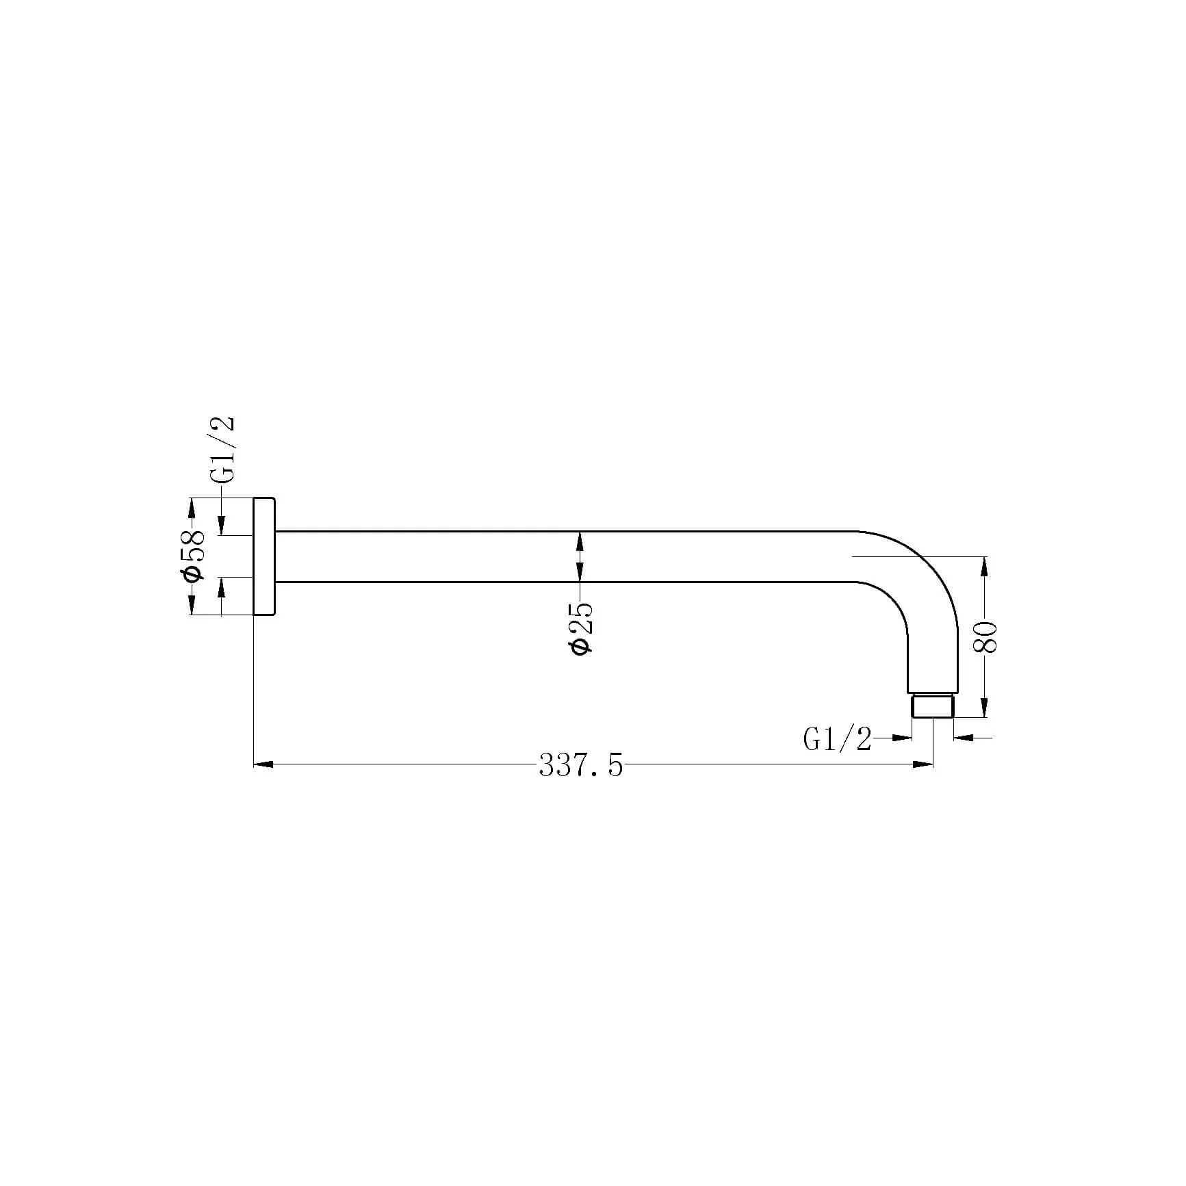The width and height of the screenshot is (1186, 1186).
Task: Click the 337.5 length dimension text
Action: pos(581,765)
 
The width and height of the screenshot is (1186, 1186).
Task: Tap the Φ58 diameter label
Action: pos(194,555)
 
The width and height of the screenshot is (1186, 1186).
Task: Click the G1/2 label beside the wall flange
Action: pos(222,449)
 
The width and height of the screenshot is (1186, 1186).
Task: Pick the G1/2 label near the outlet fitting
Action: pos(838,739)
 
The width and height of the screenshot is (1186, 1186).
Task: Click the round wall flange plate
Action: pos(264,556)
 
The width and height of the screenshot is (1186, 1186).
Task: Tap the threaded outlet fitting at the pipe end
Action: pos(933,706)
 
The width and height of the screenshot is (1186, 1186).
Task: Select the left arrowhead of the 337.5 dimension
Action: pos(263,764)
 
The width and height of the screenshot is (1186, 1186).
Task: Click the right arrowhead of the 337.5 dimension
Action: pos(923,764)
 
